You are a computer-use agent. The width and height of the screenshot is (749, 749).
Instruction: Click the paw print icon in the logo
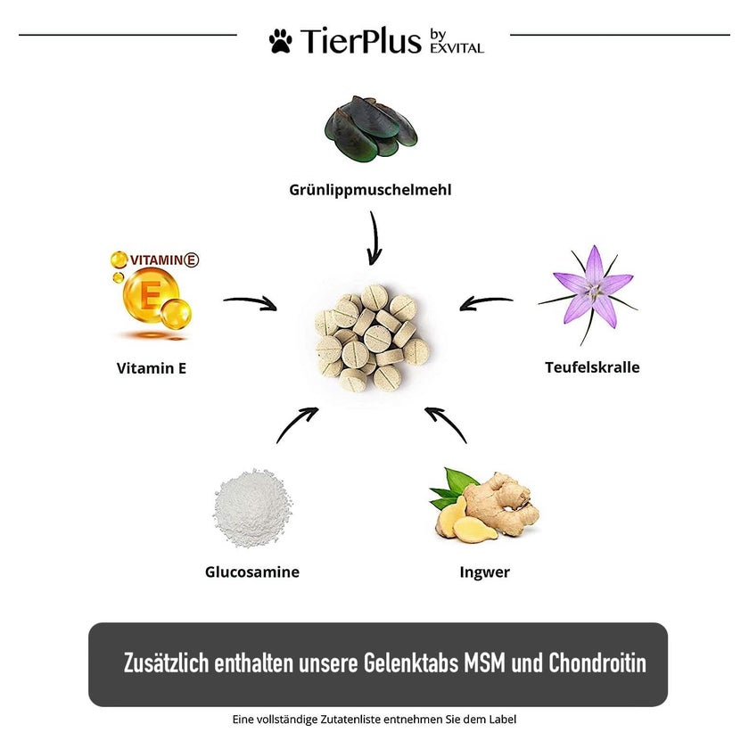click(x=280, y=41)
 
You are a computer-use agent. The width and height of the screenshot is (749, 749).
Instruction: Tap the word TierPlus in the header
click(x=360, y=41)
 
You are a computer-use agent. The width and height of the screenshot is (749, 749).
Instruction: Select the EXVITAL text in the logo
click(x=457, y=48)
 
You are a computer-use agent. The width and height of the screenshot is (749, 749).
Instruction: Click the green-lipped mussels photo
click(x=371, y=127)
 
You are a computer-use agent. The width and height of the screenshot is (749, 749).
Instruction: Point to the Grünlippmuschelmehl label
click(x=370, y=190)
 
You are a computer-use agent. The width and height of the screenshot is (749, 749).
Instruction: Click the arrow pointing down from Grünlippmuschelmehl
click(x=374, y=238)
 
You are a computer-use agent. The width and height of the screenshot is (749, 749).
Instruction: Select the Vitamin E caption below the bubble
click(x=152, y=368)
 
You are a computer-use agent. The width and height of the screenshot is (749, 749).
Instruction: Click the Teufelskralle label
click(x=592, y=367)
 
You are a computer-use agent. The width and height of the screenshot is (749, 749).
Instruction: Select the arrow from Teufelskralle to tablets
click(x=486, y=303)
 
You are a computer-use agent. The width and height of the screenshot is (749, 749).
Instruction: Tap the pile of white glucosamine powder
click(x=251, y=507)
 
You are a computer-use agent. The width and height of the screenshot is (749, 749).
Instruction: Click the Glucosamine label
click(x=252, y=572)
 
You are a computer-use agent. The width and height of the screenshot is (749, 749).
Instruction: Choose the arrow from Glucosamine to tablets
click(x=297, y=424)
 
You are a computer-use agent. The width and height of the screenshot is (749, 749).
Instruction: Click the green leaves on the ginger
click(x=450, y=487)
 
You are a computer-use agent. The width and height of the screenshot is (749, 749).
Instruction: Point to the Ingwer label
click(x=485, y=572)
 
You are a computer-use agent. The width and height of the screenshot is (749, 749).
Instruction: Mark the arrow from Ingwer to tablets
click(x=446, y=424)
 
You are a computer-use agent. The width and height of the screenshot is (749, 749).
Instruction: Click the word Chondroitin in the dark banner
click(x=597, y=663)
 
